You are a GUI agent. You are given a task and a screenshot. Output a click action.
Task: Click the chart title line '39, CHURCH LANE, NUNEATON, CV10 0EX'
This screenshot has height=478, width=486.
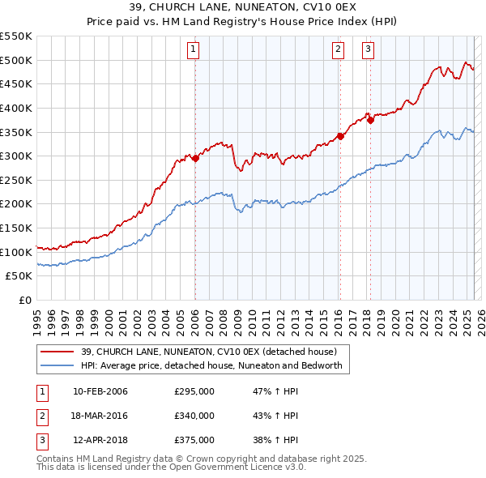click(242, 8)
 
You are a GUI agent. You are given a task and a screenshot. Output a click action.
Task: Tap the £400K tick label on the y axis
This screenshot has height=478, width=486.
click(16, 108)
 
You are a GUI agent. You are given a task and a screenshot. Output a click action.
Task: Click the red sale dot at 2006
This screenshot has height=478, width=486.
click(195, 159)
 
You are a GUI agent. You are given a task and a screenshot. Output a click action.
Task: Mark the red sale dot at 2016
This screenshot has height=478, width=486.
click(340, 137)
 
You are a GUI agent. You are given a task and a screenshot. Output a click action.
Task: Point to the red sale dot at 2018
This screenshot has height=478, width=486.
click(370, 121)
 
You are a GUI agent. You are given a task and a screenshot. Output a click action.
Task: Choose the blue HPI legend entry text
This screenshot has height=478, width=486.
click(211, 365)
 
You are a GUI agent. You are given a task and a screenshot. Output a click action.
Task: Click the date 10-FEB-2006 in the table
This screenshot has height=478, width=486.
click(100, 392)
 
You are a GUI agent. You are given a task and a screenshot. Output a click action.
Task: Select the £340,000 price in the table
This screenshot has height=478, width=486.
click(194, 416)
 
